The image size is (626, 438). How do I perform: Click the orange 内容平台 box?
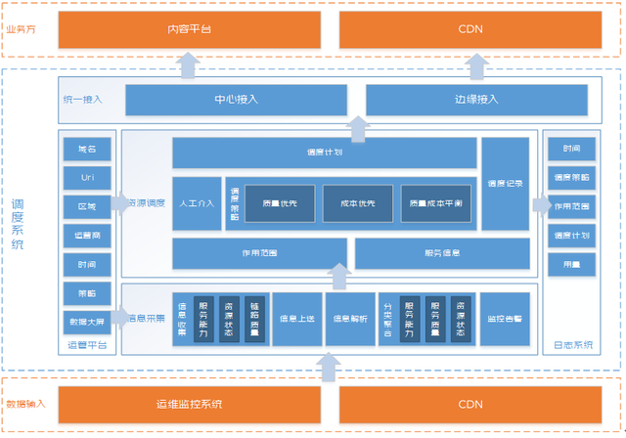point(189,29)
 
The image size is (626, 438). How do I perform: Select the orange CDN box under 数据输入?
point(469,404)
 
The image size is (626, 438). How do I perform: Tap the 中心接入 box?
point(237,100)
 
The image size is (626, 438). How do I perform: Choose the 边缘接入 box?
point(477,100)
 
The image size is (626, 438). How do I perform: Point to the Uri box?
point(87,178)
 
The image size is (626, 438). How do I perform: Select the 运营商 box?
point(87,236)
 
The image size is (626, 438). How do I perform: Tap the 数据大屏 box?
point(87,322)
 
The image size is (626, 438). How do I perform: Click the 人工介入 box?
point(197,203)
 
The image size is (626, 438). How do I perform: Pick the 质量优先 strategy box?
point(280,203)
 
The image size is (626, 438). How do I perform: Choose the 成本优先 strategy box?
point(357,203)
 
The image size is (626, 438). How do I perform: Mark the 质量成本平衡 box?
point(439,203)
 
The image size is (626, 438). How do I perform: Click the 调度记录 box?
point(506,183)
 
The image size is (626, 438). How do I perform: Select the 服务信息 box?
point(442,253)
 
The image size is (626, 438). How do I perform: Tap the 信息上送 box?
point(297,319)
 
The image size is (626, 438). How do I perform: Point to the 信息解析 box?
point(350,319)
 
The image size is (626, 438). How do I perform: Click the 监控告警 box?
point(506,319)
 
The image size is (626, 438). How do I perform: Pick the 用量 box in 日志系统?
point(571,264)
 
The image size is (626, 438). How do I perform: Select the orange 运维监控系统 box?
point(189,404)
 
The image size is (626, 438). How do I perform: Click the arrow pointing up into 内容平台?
point(189,64)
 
